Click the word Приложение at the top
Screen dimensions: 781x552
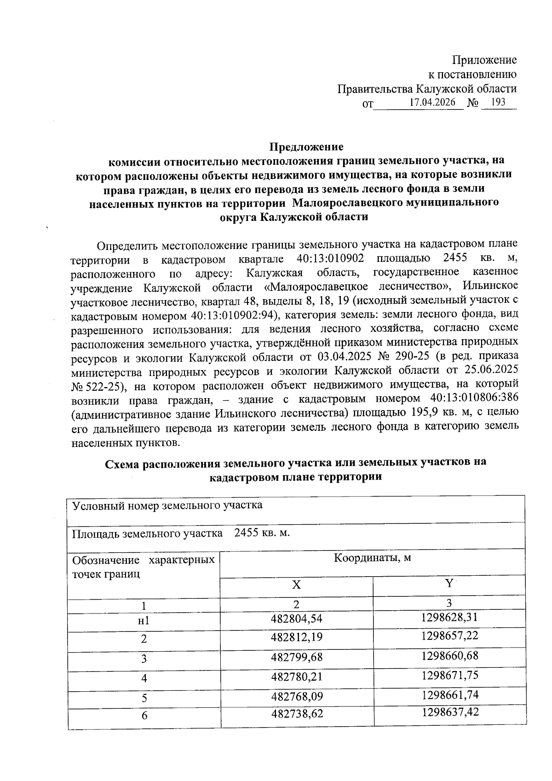[x=484, y=60]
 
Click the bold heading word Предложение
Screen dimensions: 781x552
[x=306, y=147]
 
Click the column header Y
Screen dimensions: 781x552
[x=449, y=584]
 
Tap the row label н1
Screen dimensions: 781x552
[x=144, y=621]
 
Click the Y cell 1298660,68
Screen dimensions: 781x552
[x=450, y=655]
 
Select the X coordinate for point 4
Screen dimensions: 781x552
[x=297, y=677]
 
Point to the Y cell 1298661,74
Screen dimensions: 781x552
[x=450, y=694]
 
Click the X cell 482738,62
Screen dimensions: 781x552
[x=297, y=714]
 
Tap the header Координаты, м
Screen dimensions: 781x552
[x=372, y=558]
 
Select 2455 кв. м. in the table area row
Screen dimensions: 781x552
[x=262, y=533]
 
